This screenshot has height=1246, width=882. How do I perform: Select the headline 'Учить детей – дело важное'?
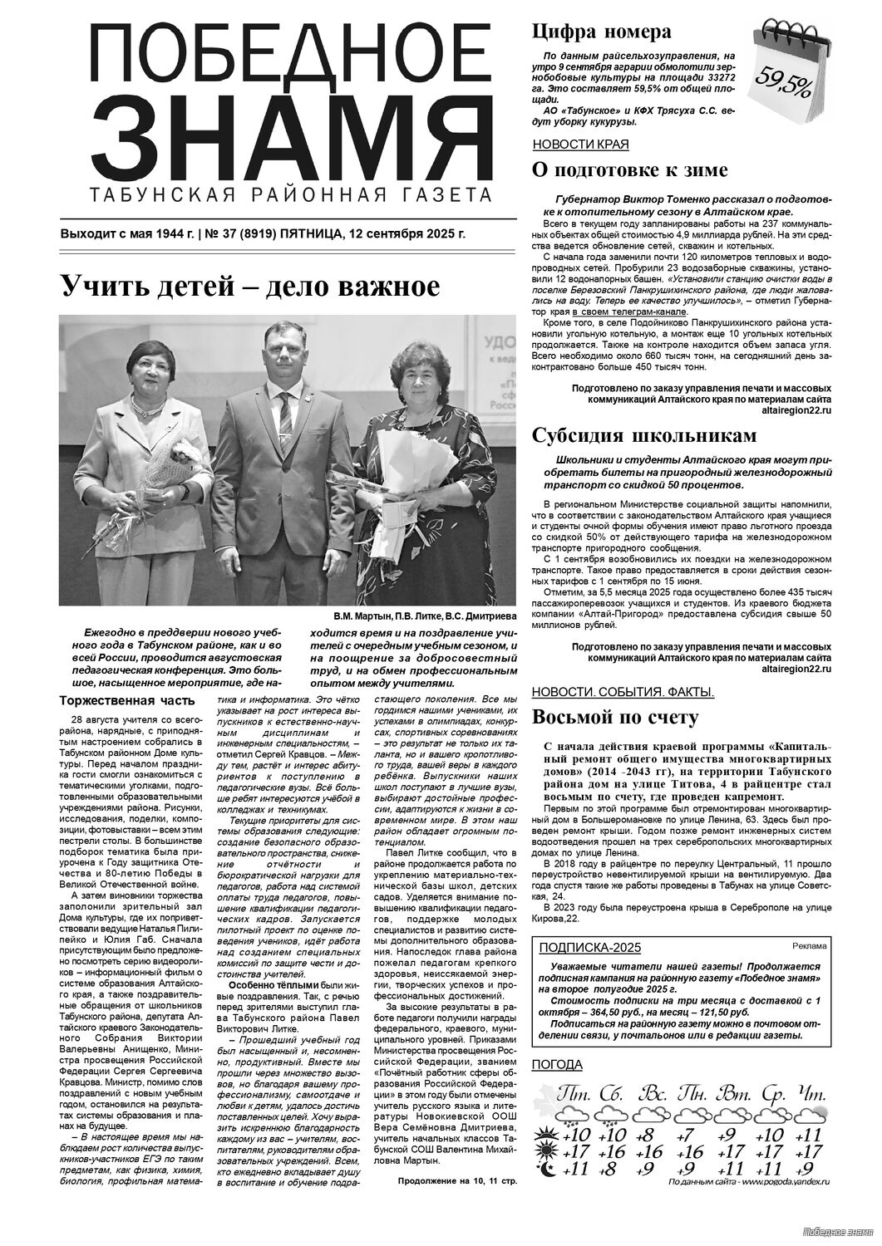(249, 287)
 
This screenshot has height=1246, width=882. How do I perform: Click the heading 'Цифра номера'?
(601, 32)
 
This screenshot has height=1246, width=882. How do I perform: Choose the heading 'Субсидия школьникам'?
(644, 436)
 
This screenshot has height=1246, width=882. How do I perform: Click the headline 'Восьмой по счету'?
(614, 717)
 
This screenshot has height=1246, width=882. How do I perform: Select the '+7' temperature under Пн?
(687, 1136)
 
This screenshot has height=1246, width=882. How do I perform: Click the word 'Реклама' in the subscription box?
(809, 946)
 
